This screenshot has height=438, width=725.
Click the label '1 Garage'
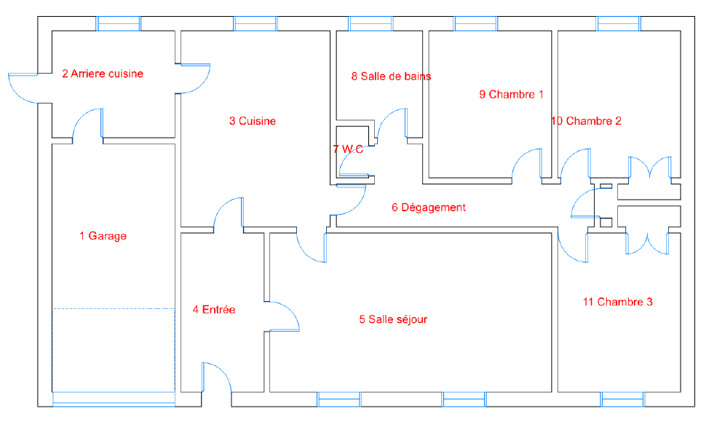pos(103,236)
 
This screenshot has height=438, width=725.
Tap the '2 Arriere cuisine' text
pos(103,74)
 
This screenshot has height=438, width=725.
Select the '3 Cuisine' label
pos(253,121)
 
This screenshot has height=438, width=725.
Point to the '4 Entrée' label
pos(213,309)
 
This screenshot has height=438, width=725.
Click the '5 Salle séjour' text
pos(393,319)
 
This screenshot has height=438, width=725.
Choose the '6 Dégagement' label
pos(429,208)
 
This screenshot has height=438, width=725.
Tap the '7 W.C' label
pos(348,149)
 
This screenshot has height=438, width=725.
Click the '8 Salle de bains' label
pos(391,77)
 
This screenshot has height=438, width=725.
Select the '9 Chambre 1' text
pos(512,95)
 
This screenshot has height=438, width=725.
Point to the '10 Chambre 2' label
pos(586,121)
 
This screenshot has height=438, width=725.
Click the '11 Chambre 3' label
pos(618,302)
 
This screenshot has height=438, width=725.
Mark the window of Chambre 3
pos(622,399)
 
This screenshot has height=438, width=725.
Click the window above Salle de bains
pos(371,23)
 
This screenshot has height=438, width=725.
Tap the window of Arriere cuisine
pos(118,23)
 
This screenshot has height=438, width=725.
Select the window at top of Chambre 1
pos(476,23)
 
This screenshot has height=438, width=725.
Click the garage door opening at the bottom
pos(114,399)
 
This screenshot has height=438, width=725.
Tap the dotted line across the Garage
pos(114,308)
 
